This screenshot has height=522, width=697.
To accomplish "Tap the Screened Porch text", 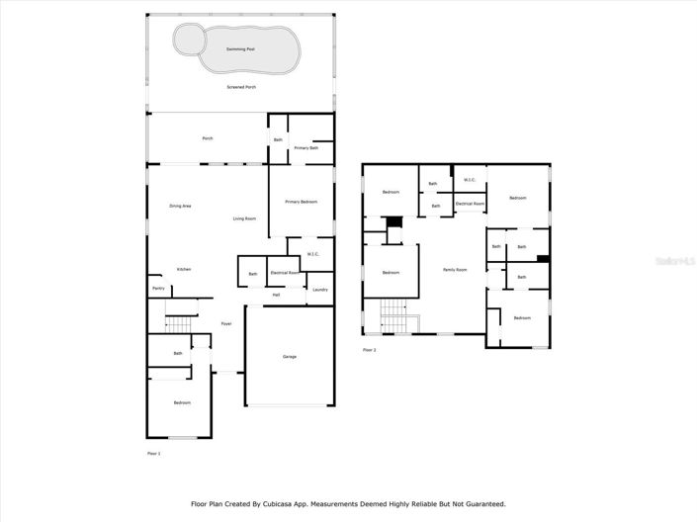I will pyautogui.click(x=242, y=87).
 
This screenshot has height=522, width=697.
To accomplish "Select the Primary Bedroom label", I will pyautogui.click(x=301, y=202).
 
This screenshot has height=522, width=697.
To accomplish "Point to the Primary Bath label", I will pyautogui.click(x=306, y=147).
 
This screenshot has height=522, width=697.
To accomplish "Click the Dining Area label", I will pyautogui.click(x=180, y=206).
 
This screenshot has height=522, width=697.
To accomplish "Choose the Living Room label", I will pyautogui.click(x=244, y=217).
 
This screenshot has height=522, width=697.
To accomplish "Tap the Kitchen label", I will pyautogui.click(x=184, y=269).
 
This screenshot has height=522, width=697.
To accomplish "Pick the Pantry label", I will pyautogui.click(x=158, y=288).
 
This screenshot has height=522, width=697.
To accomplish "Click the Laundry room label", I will pyautogui.click(x=319, y=289).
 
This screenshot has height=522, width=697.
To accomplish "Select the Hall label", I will pyautogui.click(x=276, y=294).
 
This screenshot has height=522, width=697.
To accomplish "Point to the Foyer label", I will pyautogui.click(x=225, y=323).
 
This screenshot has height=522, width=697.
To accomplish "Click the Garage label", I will pyautogui.click(x=289, y=357).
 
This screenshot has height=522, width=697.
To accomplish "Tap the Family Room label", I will pyautogui.click(x=454, y=269).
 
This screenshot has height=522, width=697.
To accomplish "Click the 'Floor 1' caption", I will pyautogui.click(x=153, y=453).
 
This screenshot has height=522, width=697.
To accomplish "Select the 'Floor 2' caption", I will pyautogui.click(x=369, y=350).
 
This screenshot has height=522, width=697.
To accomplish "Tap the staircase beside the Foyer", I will pyautogui.click(x=178, y=325).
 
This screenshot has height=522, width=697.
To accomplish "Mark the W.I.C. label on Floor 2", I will pyautogui.click(x=470, y=179).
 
